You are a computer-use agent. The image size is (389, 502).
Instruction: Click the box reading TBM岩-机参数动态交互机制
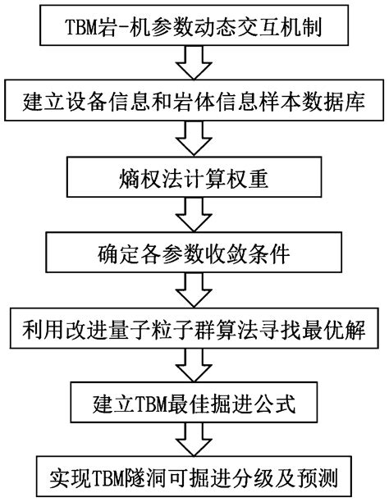click(194, 24)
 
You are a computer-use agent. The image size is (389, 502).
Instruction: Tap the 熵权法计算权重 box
click(194, 175)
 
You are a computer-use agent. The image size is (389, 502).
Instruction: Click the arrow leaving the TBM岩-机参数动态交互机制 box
click(194, 62)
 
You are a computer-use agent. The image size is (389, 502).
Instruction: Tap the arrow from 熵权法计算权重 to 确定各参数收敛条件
click(194, 212)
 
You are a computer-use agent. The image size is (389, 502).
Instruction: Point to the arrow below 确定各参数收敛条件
click(194, 286)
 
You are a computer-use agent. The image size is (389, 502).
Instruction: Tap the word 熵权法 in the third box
click(145, 175)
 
